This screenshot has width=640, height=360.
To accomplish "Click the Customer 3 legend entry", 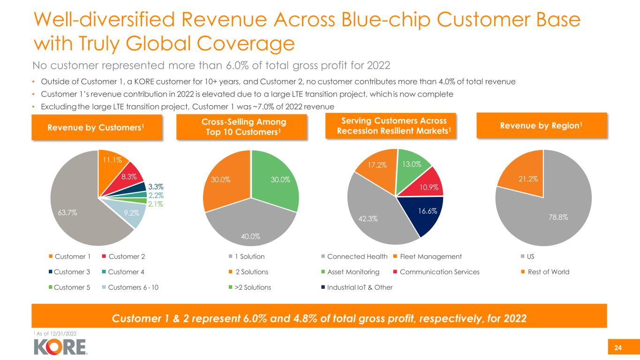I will coord(66,272).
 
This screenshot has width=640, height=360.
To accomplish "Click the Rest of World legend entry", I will coord(546,272).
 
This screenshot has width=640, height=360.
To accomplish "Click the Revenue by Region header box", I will coord(542,125).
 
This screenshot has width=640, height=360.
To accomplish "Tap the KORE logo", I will coord(60,346).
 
